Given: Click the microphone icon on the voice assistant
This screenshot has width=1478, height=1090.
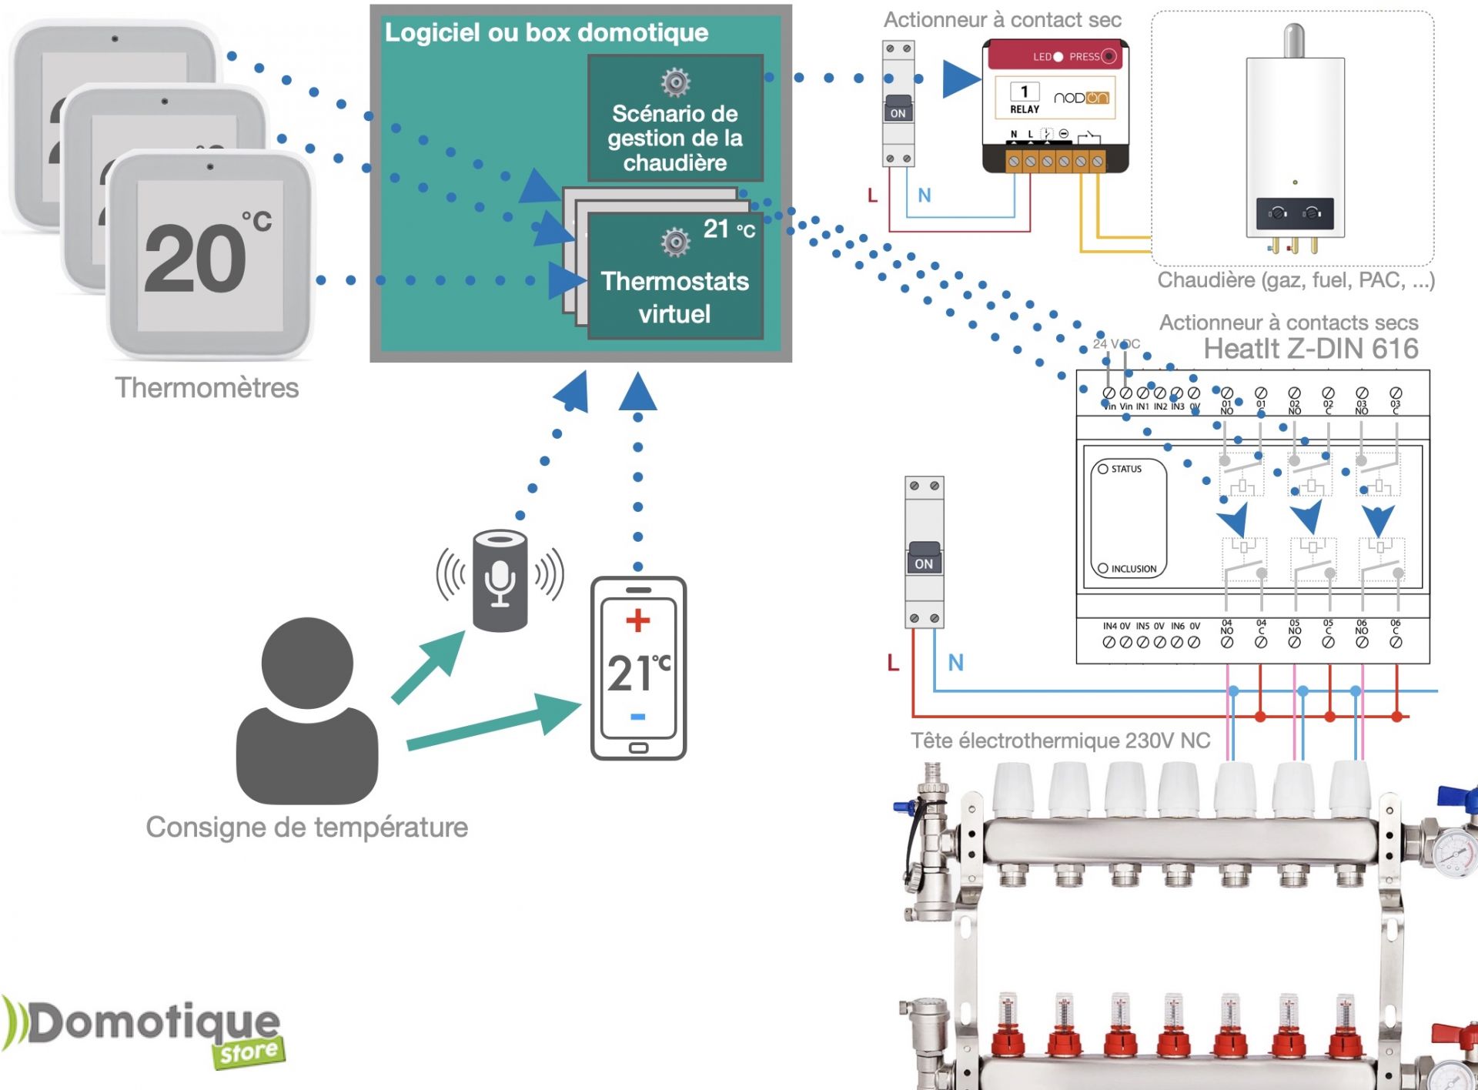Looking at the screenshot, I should point(500,583).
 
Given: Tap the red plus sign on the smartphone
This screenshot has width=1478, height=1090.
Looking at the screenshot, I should point(637,620).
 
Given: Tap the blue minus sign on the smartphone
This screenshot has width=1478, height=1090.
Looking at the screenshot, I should point(637,717).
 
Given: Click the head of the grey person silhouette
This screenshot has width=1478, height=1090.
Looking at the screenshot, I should point(307,663).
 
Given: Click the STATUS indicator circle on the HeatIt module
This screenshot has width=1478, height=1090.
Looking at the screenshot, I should point(1103,469).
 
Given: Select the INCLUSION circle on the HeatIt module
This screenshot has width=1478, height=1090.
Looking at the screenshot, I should point(1103,568).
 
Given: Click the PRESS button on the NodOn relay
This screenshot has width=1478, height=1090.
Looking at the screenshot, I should point(1108,56).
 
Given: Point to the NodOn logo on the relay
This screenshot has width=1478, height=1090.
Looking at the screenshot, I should point(1081,98).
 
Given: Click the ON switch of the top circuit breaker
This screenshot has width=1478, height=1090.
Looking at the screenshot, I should point(898,109).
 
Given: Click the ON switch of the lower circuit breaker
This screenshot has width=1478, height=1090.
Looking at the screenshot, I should point(924,558).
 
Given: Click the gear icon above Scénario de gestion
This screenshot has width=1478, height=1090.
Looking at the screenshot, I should point(675,82).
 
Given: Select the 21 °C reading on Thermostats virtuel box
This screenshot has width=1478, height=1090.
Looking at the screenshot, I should point(728,229).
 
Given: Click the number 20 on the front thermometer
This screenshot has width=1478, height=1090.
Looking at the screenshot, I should point(196,259).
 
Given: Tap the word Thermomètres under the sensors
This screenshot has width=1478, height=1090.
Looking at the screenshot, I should point(206,387).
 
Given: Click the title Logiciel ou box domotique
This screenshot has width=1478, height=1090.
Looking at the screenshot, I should point(546,32).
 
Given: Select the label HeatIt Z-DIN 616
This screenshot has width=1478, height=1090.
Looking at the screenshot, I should point(1310,349).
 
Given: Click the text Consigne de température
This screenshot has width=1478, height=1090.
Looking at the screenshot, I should point(306,827).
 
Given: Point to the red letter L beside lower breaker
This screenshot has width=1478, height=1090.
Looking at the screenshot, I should point(893,662).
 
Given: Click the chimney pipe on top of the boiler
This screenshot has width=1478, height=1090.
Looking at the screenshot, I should point(1294,40).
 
